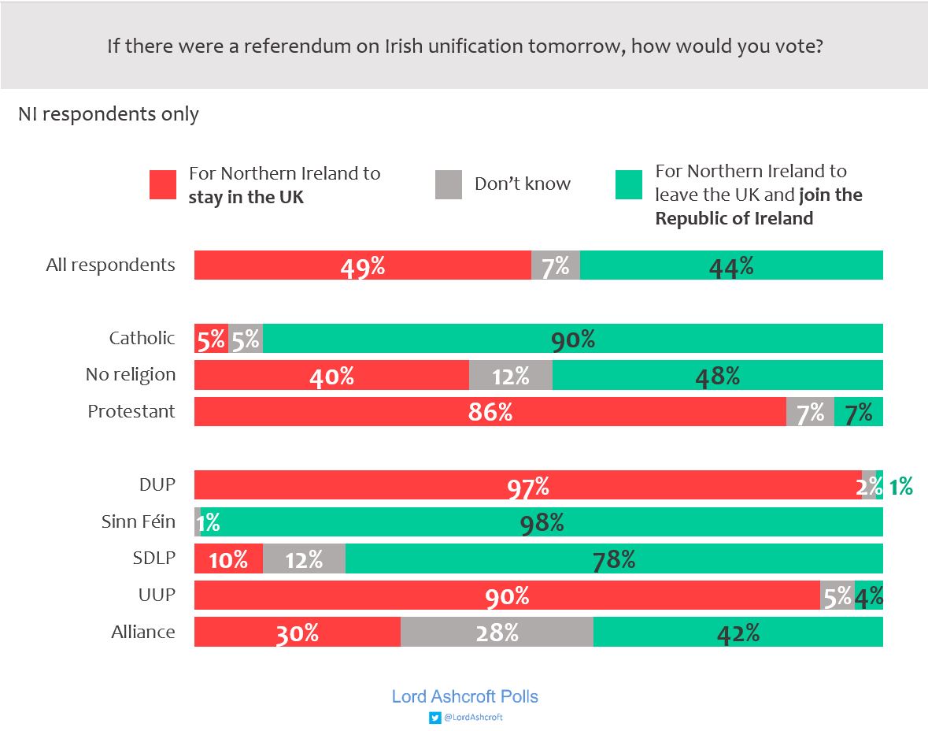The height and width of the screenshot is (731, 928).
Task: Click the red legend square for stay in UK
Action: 163,185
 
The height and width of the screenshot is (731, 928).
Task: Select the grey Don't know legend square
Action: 448,185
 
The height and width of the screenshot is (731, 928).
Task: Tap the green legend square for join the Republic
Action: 628,185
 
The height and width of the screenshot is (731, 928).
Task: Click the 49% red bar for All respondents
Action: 362,265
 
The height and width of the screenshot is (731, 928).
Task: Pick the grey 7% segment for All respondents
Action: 556,265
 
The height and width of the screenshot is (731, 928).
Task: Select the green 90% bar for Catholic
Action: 572,339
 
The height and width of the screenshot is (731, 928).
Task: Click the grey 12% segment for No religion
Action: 510,375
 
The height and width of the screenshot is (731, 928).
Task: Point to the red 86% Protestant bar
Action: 490,411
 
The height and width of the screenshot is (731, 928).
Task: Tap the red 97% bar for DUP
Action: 527,485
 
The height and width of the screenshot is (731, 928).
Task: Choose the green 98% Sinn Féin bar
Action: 542,521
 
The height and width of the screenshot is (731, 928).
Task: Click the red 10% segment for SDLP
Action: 228,558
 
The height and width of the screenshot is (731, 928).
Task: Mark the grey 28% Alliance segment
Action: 497,632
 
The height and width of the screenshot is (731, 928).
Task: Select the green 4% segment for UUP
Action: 869,596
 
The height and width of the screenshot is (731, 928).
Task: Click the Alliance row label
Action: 143,632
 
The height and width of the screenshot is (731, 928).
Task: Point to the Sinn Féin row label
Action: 139,521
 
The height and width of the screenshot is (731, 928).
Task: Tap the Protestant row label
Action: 131,411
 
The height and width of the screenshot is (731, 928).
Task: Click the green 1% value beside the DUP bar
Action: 900,487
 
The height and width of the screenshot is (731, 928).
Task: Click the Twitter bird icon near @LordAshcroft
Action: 434,718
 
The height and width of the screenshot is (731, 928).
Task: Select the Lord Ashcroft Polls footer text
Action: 464,696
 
